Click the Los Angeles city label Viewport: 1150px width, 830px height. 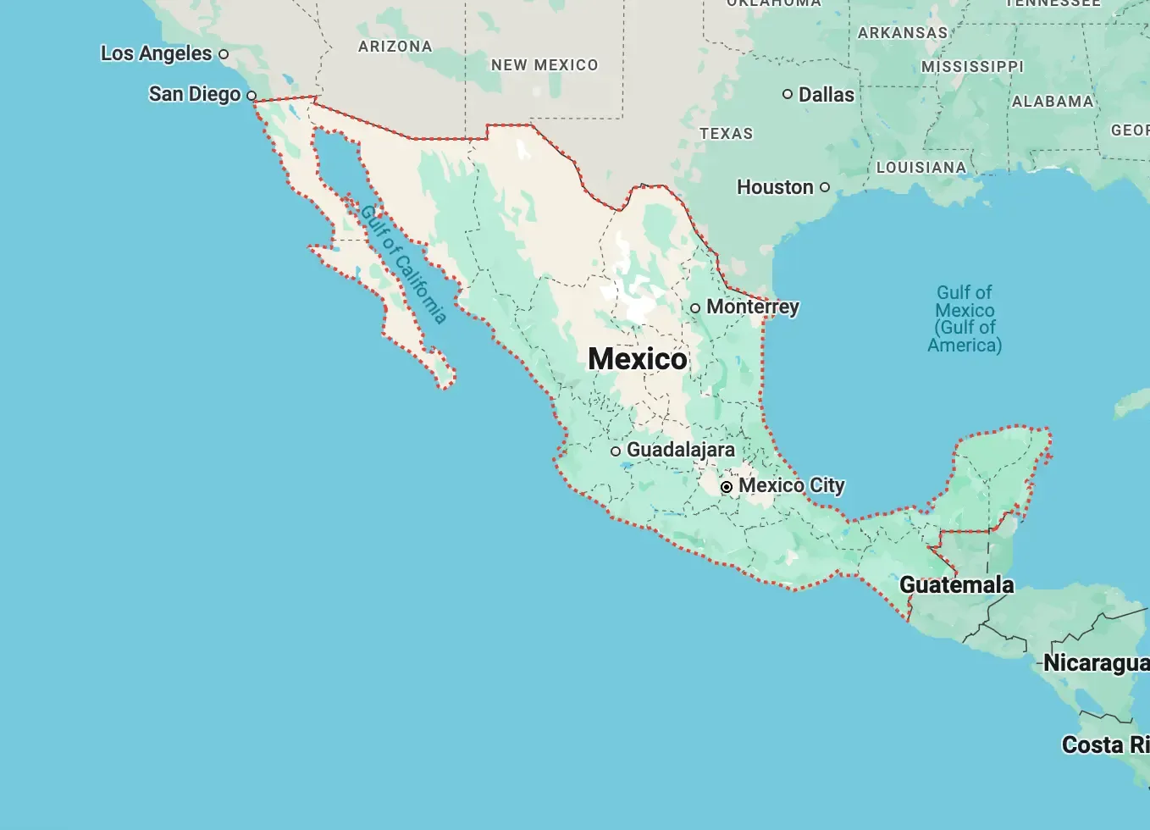tap(156, 53)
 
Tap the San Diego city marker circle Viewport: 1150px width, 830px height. tap(252, 96)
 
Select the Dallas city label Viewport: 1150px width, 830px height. tap(827, 94)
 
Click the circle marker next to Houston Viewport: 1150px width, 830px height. tap(825, 187)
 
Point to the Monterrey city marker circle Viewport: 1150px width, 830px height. tap(695, 307)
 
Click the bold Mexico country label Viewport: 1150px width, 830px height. tap(638, 358)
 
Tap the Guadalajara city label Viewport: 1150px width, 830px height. tap(681, 450)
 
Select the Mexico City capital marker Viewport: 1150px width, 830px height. tap(727, 487)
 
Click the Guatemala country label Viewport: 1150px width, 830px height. tap(956, 584)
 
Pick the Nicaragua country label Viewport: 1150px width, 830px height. tap(1096, 662)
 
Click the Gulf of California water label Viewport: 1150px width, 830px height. tap(403, 263)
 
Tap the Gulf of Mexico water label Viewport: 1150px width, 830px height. tap(965, 318)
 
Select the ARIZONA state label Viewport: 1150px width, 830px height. tap(395, 47)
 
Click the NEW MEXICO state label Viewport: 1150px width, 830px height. tap(545, 65)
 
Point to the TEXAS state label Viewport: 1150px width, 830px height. tap(726, 134)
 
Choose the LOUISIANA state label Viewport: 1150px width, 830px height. tap(921, 168)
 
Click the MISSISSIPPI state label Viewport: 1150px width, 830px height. tap(972, 67)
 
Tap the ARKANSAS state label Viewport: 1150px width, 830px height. tap(903, 33)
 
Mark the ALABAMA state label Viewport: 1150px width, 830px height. tap(1053, 102)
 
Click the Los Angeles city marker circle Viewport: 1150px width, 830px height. tap(224, 54)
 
